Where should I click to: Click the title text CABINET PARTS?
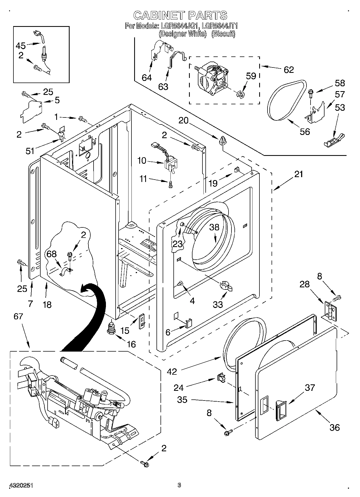(180, 15)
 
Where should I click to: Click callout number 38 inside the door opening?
(214, 227)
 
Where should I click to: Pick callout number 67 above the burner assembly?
(18, 316)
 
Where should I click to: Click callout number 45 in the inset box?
(21, 46)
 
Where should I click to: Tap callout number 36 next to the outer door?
(334, 427)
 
